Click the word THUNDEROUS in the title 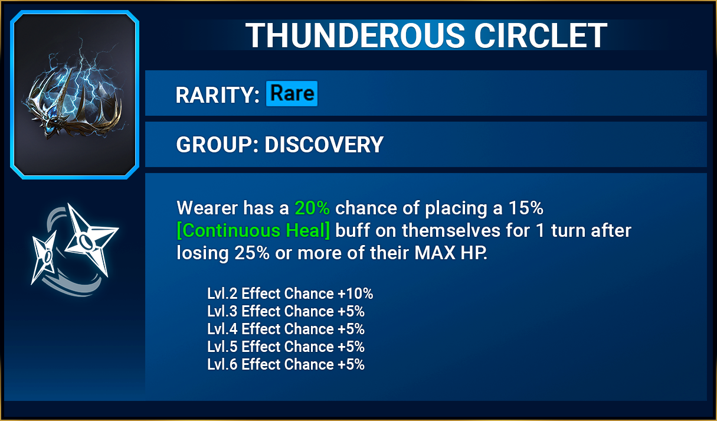pyautogui.click(x=355, y=35)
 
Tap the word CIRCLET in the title pyautogui.click(x=541, y=35)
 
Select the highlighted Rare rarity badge pyautogui.click(x=292, y=93)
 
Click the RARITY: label pyautogui.click(x=217, y=95)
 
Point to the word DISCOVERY pyautogui.click(x=324, y=145)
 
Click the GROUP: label pyautogui.click(x=217, y=145)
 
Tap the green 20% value pyautogui.click(x=312, y=208)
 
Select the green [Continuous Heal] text pyautogui.click(x=253, y=230)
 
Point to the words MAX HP pyautogui.click(x=451, y=253)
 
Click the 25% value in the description pyautogui.click(x=252, y=253)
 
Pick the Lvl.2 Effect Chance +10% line pyautogui.click(x=290, y=293)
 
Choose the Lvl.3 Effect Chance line pyautogui.click(x=286, y=311)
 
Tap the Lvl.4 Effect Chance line pyautogui.click(x=286, y=329)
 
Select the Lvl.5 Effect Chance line pyautogui.click(x=286, y=347)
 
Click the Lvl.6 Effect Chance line pyautogui.click(x=286, y=364)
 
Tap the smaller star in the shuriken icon pyautogui.click(x=45, y=256)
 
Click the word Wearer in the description pyautogui.click(x=207, y=208)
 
